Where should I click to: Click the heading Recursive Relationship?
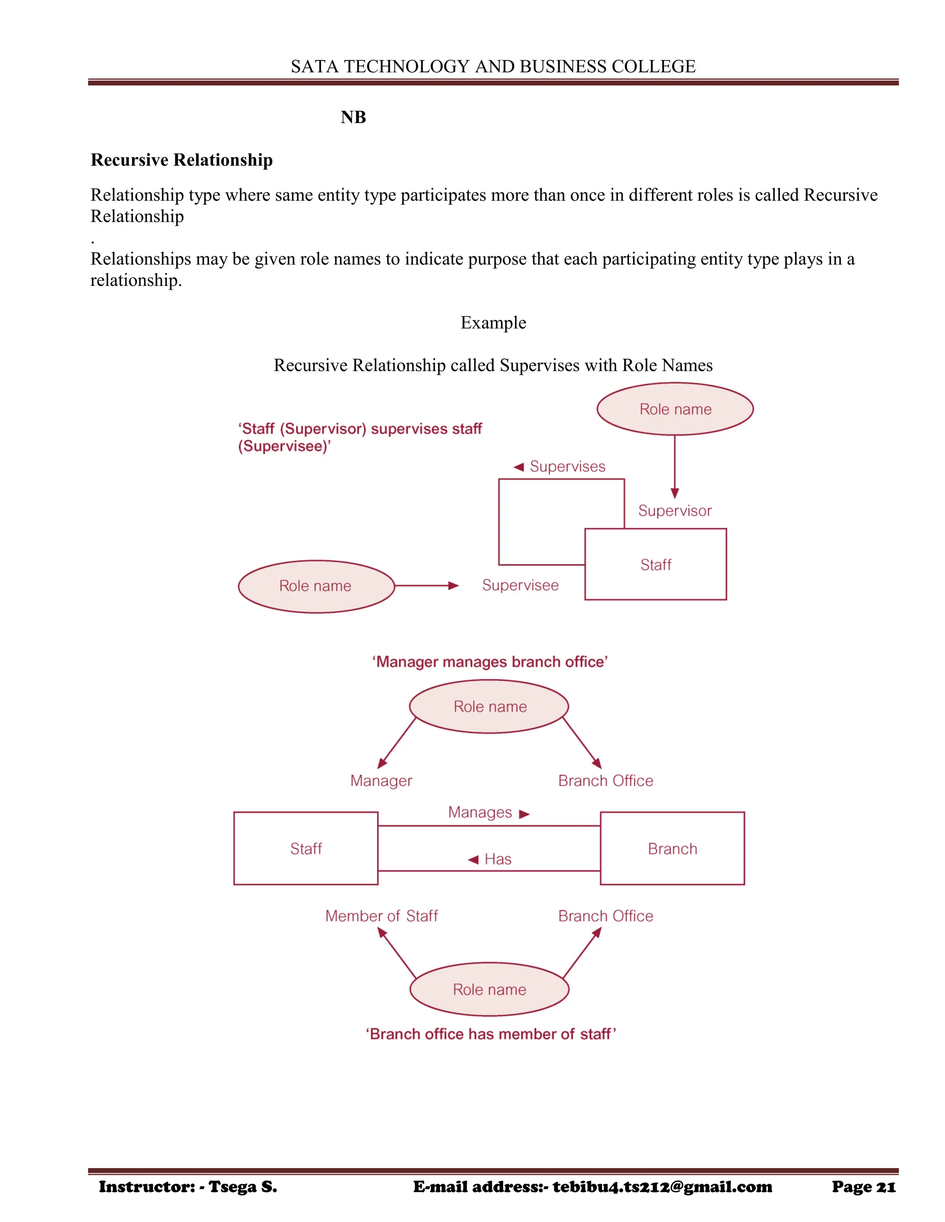click(x=181, y=160)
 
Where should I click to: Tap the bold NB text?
click(x=353, y=117)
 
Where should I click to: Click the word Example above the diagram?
click(x=493, y=323)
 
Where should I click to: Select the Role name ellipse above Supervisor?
click(x=675, y=409)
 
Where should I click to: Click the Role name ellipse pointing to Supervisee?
click(x=316, y=586)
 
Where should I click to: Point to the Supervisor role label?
click(x=675, y=510)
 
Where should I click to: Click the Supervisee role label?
click(x=520, y=585)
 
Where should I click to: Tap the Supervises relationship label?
click(x=567, y=466)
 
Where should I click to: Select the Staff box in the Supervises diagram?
click(x=656, y=564)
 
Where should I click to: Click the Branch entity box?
click(x=672, y=849)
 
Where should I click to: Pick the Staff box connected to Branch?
click(x=305, y=849)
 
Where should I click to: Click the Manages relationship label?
click(x=480, y=813)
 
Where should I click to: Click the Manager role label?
click(x=381, y=781)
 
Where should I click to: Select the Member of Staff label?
click(x=381, y=916)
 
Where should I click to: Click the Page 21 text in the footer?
click(x=863, y=1187)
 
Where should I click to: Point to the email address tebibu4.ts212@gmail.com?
click(x=662, y=1187)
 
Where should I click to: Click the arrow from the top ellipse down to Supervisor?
click(x=675, y=467)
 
